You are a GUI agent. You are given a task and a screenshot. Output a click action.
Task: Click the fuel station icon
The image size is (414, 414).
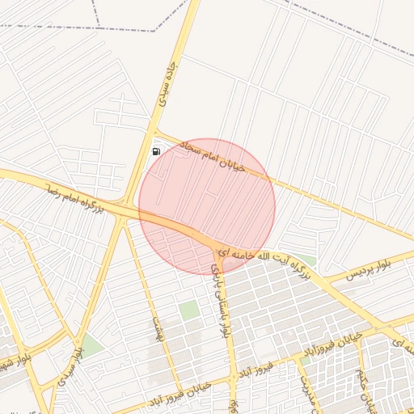point(156,150)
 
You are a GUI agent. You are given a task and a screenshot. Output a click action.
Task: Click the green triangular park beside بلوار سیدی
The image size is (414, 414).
point(91,346)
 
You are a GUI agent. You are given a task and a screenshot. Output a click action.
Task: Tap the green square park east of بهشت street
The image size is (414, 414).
point(189,310)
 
